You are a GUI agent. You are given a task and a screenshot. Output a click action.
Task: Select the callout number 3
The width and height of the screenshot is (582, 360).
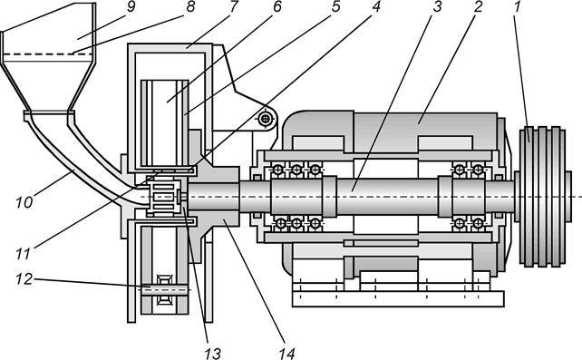click(x=437, y=6)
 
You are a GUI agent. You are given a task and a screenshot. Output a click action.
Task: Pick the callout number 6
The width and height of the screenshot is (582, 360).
click(x=276, y=6)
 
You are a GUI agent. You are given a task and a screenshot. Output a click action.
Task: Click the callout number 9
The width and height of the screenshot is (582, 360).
click(x=131, y=6)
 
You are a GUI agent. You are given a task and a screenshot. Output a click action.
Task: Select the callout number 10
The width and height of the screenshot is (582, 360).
click(x=24, y=202)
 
